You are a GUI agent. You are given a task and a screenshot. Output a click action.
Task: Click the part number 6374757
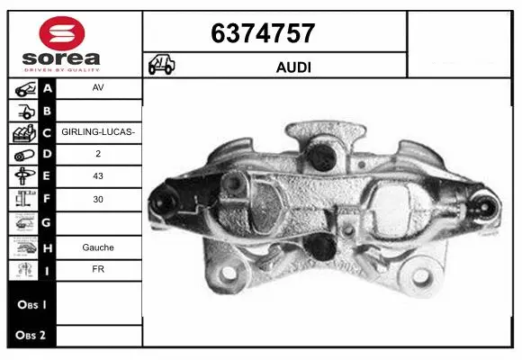point(262,33)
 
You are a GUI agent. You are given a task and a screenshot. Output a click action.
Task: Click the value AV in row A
point(97,89)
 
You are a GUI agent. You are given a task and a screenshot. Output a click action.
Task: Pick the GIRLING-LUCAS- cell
point(97,131)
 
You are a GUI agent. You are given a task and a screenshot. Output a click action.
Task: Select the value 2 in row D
point(97,153)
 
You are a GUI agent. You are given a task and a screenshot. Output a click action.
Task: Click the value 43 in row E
point(97,176)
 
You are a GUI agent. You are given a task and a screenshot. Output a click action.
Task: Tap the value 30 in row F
point(97,200)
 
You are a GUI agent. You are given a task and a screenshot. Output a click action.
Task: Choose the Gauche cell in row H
point(97,247)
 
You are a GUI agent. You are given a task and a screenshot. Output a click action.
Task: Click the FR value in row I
point(97,269)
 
